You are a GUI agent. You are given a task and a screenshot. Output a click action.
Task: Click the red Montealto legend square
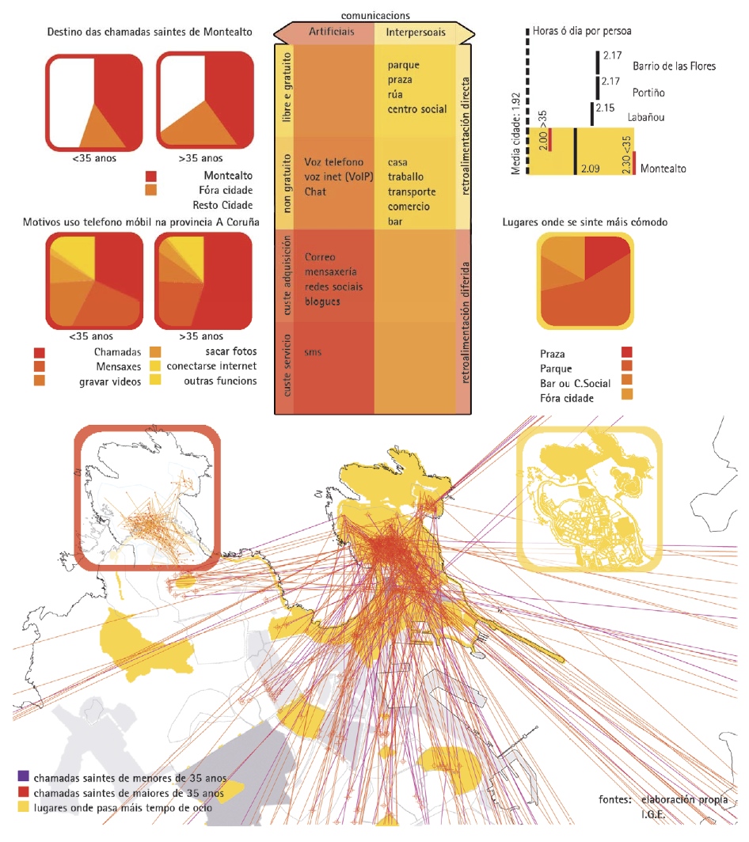(x=151, y=176)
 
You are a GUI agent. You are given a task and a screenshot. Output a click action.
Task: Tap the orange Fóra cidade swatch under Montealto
(x=151, y=190)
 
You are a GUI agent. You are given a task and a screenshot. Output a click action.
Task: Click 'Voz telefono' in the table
(x=334, y=162)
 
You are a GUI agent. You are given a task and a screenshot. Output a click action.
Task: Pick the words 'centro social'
(x=417, y=109)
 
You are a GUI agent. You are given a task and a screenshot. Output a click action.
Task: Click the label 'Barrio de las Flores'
(x=674, y=66)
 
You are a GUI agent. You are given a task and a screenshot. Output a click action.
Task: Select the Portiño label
(x=648, y=93)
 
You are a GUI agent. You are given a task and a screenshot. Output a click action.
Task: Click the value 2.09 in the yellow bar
(x=591, y=169)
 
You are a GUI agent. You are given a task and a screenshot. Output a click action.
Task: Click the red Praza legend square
(x=627, y=354)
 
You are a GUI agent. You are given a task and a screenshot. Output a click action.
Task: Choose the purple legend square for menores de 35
(x=23, y=777)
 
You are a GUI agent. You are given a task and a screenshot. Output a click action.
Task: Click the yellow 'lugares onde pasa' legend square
(x=23, y=807)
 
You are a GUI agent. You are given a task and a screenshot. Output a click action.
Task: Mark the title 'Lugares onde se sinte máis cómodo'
(x=584, y=222)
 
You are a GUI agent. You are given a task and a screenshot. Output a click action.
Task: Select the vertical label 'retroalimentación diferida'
(x=465, y=323)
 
